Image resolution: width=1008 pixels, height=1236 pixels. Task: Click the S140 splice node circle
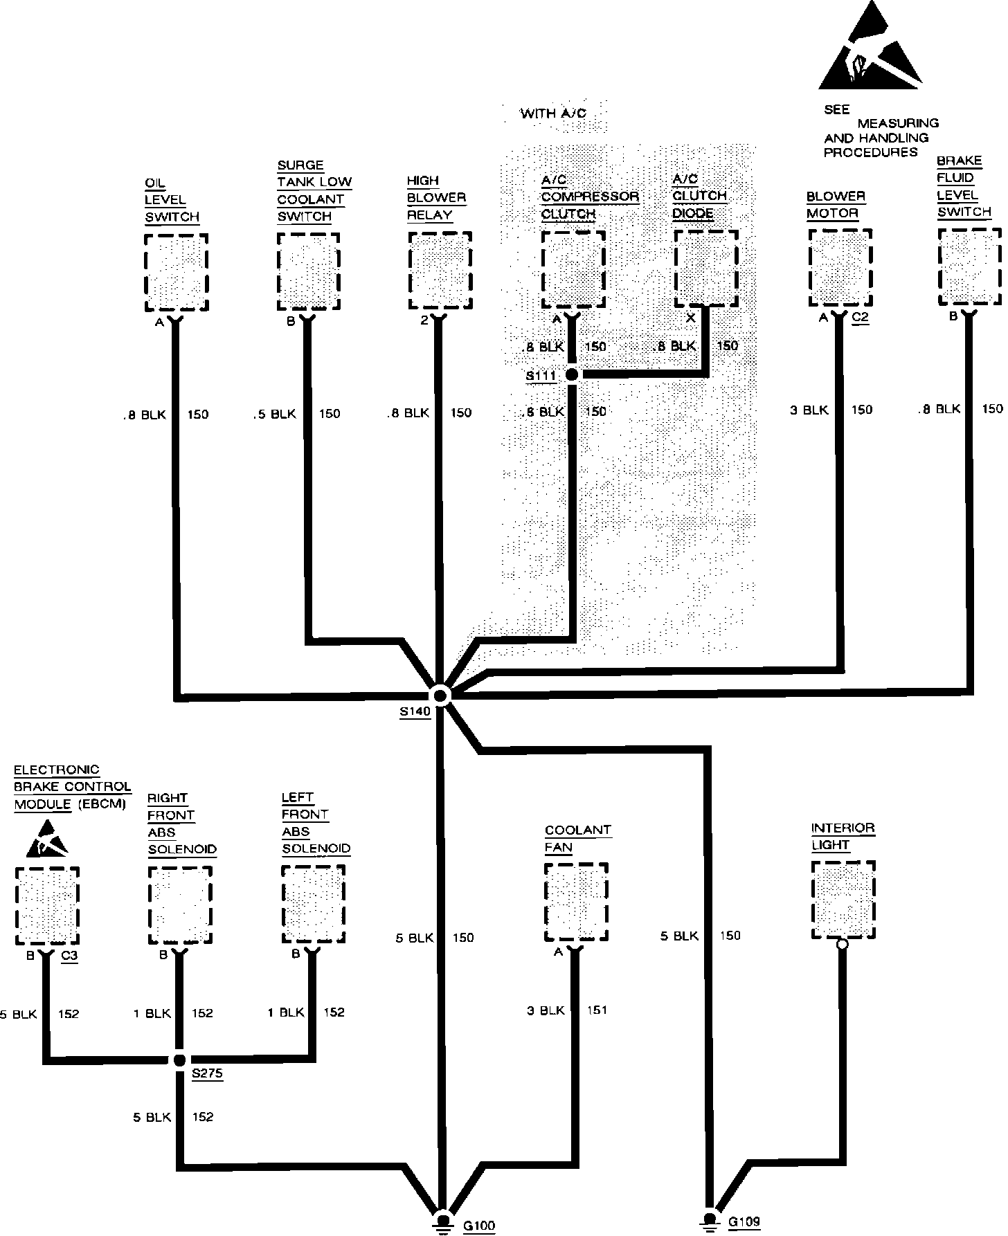tap(440, 695)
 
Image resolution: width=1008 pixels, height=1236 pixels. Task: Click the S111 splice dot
tap(572, 374)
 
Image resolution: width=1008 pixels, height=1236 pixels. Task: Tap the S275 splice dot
tap(179, 1060)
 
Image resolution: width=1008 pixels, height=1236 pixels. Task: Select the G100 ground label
tap(478, 1226)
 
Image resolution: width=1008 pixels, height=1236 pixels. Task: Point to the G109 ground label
tap(744, 1221)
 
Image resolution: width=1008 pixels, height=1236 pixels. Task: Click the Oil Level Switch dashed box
tap(177, 273)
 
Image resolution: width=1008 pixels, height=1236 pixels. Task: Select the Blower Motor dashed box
tap(840, 267)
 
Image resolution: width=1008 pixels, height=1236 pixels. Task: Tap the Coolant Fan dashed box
tap(576, 902)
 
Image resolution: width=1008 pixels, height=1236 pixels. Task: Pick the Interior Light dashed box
tap(843, 900)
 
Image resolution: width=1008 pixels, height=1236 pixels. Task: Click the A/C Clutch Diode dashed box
tap(706, 269)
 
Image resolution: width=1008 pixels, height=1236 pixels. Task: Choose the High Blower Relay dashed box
tap(440, 271)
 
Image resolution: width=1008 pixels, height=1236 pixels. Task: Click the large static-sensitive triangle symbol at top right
tap(870, 50)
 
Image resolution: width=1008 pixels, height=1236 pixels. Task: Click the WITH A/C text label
tap(553, 113)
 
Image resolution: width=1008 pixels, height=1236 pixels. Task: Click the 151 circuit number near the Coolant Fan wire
tap(597, 1010)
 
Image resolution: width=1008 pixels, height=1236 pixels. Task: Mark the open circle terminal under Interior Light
tap(843, 944)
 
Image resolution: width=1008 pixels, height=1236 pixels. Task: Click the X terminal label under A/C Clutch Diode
tap(690, 317)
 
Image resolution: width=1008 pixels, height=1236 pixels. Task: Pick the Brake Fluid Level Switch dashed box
tap(969, 266)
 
